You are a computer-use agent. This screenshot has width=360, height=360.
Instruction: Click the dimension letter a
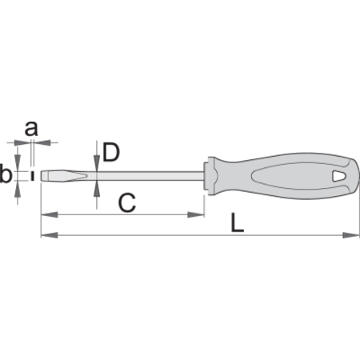point(31,128)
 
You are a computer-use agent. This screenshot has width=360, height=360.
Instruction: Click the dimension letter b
point(6,174)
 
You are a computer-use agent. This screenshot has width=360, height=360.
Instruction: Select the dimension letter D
point(111,152)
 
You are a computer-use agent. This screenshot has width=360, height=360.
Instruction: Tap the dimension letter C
point(127,203)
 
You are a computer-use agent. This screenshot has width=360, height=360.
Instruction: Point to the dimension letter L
point(238,222)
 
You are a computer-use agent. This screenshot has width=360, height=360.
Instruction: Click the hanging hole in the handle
point(339,176)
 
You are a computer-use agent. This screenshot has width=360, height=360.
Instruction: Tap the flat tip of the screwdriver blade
point(42,176)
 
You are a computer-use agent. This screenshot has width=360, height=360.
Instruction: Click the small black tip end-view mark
point(33,176)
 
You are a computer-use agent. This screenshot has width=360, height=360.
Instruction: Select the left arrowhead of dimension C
point(50,214)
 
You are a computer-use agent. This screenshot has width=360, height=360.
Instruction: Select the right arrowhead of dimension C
point(196,214)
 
